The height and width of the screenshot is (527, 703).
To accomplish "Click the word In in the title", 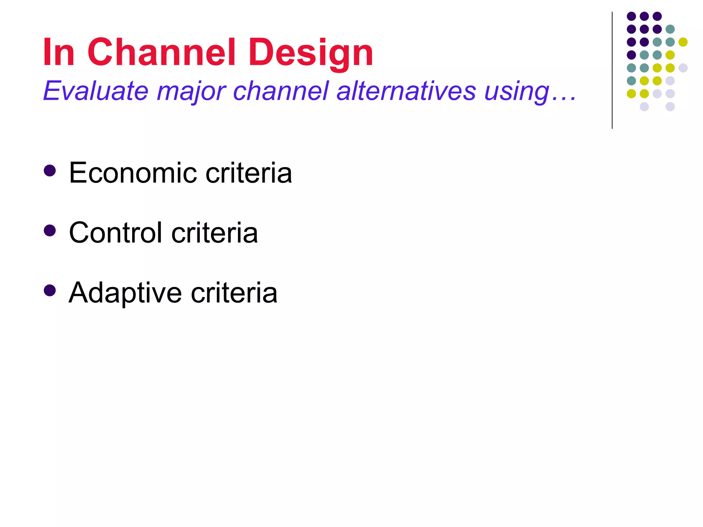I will (59, 52).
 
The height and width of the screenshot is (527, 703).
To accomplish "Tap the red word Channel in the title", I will (161, 52).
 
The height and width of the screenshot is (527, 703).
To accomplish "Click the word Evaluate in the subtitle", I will (96, 91).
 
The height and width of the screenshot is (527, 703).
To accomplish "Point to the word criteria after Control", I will (215, 233).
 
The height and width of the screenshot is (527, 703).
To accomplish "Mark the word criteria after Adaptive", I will (234, 293).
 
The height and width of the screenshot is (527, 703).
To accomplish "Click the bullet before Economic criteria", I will (50, 171).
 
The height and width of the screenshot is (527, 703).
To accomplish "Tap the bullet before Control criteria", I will (50, 231).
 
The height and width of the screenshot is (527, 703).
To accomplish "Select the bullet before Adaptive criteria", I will (50, 291).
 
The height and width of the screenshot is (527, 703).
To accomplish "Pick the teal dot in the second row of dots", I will (670, 29).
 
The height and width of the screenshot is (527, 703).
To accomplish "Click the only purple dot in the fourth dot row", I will (631, 55).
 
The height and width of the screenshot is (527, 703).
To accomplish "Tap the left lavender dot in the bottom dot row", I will (644, 107).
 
